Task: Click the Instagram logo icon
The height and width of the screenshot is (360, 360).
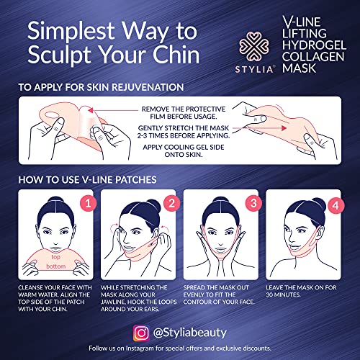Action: click(141, 333)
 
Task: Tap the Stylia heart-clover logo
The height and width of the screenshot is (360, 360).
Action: click(254, 46)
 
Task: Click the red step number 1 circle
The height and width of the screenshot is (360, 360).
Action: click(89, 204)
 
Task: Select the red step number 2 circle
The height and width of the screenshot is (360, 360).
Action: click(171, 204)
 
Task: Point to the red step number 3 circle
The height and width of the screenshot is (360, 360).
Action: click(253, 204)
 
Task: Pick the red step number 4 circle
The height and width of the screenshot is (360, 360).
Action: click(336, 205)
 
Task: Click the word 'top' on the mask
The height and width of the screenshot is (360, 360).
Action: click(55, 257)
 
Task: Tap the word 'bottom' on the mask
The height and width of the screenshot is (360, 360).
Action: click(56, 266)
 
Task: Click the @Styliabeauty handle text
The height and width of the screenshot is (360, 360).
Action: click(189, 333)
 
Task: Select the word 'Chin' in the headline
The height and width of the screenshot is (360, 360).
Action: click(176, 54)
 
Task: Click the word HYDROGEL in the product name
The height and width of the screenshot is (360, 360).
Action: click(314, 45)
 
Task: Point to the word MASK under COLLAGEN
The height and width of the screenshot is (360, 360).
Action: click(299, 68)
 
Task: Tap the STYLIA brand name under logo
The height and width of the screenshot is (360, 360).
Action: click(254, 70)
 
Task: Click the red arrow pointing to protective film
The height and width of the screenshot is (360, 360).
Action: click(113, 110)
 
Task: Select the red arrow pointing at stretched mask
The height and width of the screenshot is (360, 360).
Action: click(260, 128)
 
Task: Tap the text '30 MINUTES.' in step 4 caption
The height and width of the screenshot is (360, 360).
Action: click(283, 294)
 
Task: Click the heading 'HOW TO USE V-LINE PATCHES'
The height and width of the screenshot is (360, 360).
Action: click(87, 180)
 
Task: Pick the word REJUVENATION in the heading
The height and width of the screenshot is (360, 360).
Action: click(148, 87)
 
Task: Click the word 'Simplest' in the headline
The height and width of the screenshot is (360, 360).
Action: click(71, 31)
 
